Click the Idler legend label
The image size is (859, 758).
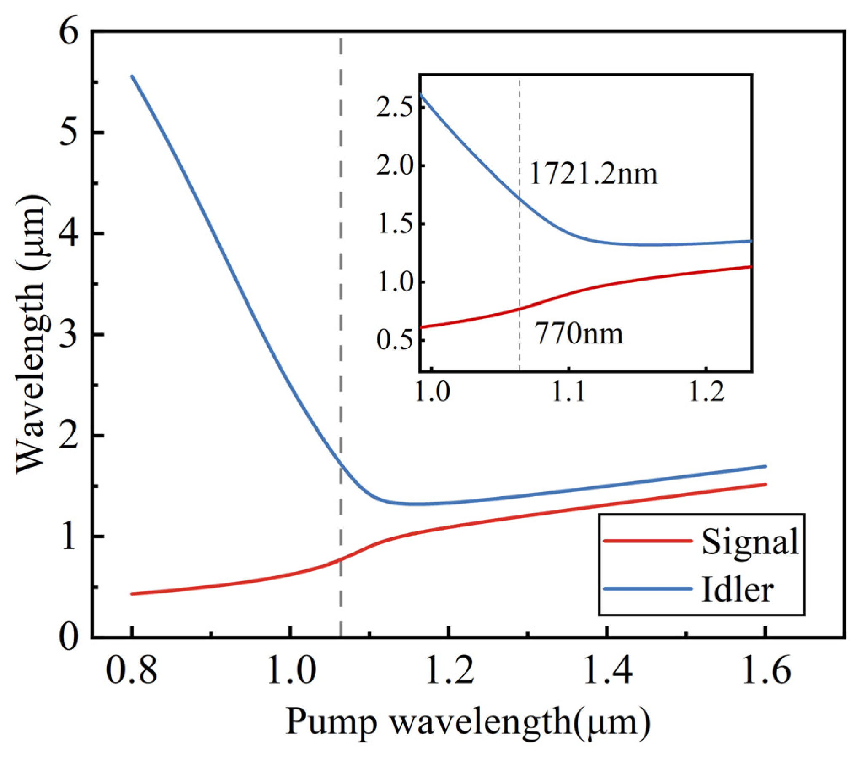[x=737, y=590]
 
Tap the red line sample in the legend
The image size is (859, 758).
[x=647, y=541]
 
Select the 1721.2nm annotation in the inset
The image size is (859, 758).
[x=593, y=174]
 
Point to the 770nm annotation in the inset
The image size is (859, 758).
[x=579, y=334]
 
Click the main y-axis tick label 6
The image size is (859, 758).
[x=69, y=32]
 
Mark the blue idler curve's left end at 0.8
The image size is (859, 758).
[x=132, y=76]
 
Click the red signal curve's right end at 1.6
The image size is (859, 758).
[x=765, y=484]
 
